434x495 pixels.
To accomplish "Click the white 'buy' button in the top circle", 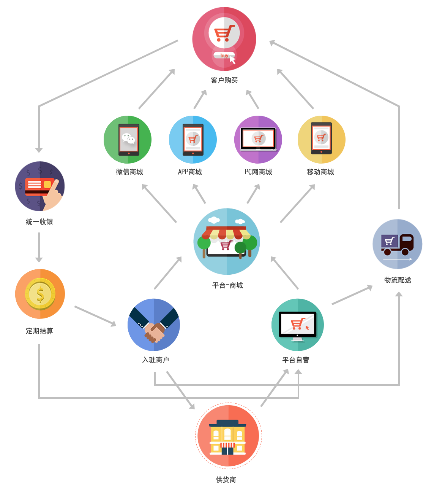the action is click(224, 55).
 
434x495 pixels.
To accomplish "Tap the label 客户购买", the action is click(224, 80).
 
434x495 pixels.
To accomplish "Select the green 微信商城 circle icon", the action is click(127, 140).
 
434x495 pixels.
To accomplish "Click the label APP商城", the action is click(190, 172).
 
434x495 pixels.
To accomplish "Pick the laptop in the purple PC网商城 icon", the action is click(258, 140).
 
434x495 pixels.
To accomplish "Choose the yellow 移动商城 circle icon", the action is click(321, 140).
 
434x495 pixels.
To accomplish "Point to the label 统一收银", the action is click(39, 221).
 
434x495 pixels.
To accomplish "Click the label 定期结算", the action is click(39, 331).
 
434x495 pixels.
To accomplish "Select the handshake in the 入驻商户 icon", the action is click(154, 325).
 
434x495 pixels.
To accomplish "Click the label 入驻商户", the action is click(155, 360).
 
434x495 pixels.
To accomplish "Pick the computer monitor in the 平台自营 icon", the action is click(297, 326).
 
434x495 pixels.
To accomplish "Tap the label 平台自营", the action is click(295, 360).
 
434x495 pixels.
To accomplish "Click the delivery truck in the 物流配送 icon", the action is click(397, 245).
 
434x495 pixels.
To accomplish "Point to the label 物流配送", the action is click(398, 280).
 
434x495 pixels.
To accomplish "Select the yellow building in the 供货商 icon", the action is click(227, 437).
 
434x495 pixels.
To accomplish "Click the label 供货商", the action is click(226, 480).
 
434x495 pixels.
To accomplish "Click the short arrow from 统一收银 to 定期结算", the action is click(39, 247).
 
